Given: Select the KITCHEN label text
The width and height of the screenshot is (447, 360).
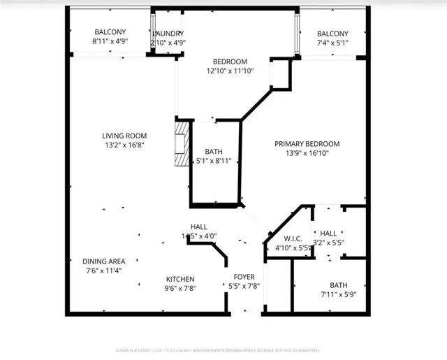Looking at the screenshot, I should click(179, 279).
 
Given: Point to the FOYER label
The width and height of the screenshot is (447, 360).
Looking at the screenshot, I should click(244, 276).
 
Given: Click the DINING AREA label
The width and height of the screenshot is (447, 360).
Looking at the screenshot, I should click(104, 261).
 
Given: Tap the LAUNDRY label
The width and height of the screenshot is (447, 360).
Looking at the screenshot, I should click(168, 34).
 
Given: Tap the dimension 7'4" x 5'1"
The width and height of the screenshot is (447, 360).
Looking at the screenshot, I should click(332, 43).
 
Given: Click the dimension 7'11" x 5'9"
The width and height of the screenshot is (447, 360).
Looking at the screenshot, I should click(338, 295).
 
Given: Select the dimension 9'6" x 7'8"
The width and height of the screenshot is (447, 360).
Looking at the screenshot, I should click(179, 289).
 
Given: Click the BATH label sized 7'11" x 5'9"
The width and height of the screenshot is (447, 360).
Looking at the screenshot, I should click(338, 285).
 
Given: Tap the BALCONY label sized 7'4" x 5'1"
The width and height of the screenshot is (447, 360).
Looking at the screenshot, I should click(332, 34).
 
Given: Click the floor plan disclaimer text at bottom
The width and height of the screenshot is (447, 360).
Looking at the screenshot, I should click(217, 350).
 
